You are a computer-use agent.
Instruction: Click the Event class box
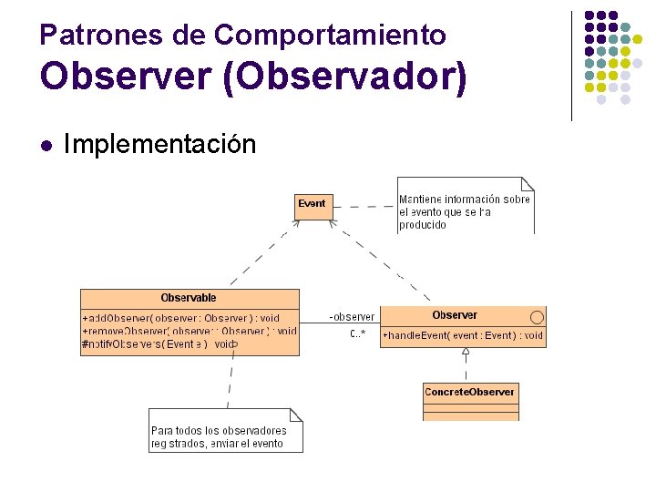pos(312,204)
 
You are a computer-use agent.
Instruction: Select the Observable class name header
pos(189,298)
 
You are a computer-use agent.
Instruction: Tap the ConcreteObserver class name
pos(469,392)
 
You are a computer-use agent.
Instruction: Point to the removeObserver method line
pos(189,331)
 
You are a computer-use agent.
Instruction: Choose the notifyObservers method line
pos(159,344)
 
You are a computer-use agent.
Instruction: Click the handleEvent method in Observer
pos(463,335)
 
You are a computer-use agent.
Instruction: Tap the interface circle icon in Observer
pos(537,316)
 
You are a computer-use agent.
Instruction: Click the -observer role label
pos(352,317)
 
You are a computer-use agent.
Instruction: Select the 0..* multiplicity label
pos(357,334)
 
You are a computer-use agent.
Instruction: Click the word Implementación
pos(160,144)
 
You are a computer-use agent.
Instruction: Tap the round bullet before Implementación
pos(47,145)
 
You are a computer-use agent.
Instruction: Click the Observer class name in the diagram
pos(455,315)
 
